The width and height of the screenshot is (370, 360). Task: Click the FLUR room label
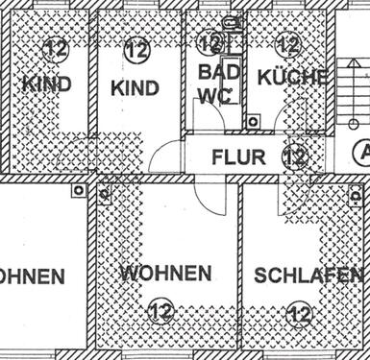click(239, 156)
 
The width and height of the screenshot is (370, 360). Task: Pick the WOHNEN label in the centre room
click(165, 274)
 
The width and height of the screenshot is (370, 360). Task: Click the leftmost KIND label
click(45, 84)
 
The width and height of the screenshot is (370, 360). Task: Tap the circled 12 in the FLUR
click(295, 156)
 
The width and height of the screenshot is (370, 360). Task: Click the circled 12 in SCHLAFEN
click(301, 313)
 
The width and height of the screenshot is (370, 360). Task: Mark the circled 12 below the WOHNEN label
click(161, 311)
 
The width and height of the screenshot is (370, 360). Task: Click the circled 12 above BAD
click(210, 44)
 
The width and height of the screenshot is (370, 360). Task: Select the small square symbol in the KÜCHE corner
click(254, 122)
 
